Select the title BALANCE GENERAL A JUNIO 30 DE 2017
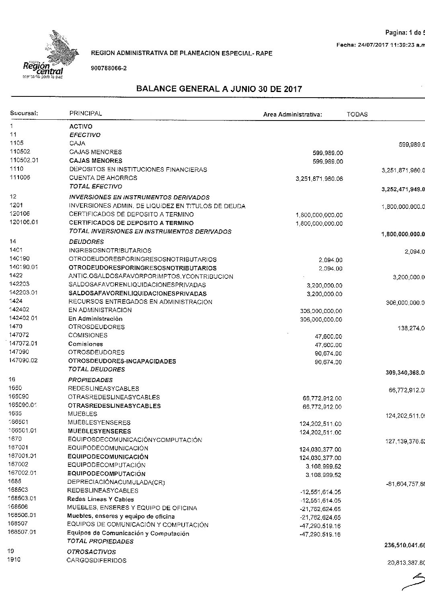coord(219,89)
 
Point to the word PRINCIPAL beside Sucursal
coord(86,114)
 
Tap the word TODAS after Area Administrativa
coord(357,114)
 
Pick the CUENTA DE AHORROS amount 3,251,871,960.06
coord(319,179)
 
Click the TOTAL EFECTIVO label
coord(96,186)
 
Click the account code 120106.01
coord(23,222)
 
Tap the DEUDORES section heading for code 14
coord(86,242)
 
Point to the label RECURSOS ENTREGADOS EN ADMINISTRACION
coord(140,302)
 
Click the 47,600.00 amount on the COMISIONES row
coord(329,336)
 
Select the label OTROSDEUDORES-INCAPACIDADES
coord(122,361)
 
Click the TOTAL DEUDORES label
coord(96,369)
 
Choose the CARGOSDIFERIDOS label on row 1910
coord(96,560)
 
